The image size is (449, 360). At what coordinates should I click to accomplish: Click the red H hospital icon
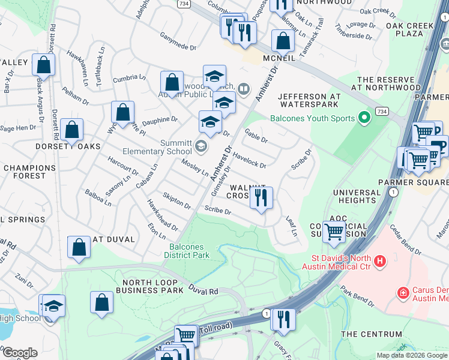(x=379, y=261)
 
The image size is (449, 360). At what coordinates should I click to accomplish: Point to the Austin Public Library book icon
(x=243, y=90)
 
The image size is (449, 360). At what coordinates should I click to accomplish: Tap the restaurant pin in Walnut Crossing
(x=261, y=199)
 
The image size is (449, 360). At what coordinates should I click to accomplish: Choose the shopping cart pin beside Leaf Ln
(x=334, y=230)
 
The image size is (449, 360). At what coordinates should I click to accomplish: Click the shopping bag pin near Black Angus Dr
(x=43, y=65)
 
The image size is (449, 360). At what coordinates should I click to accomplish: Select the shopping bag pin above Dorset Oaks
(x=71, y=130)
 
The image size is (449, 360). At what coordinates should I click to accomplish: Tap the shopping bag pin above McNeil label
(x=282, y=41)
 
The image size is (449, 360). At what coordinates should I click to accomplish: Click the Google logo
(x=19, y=353)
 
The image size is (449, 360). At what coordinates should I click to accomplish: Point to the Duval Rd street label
(x=205, y=291)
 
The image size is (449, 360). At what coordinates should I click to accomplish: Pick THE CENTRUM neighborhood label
(x=371, y=334)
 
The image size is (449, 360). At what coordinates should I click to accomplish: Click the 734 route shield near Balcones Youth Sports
(x=381, y=112)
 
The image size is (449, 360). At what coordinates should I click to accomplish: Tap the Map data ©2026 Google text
(x=411, y=355)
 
